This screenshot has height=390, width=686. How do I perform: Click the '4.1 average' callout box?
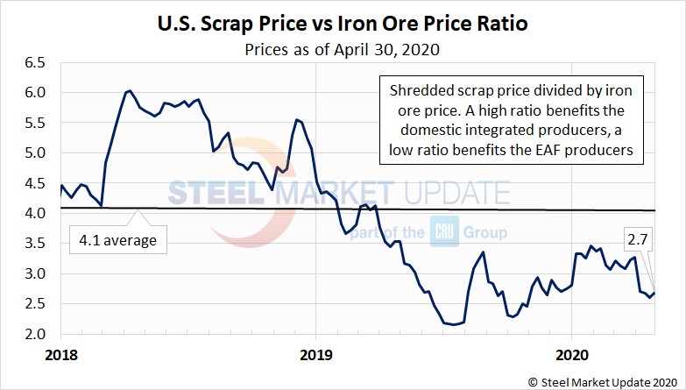[119, 239]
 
